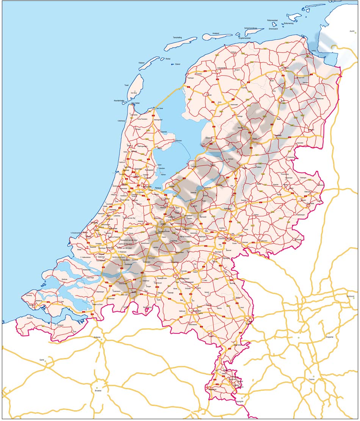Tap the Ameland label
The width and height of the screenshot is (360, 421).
click(x=216, y=33)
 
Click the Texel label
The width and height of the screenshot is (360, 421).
click(x=127, y=85)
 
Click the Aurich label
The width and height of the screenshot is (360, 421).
click(x=352, y=31)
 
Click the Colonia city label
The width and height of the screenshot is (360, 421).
click(x=311, y=379)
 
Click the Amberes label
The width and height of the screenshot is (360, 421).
click(x=97, y=337)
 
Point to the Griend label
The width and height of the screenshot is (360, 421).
click(x=177, y=64)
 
